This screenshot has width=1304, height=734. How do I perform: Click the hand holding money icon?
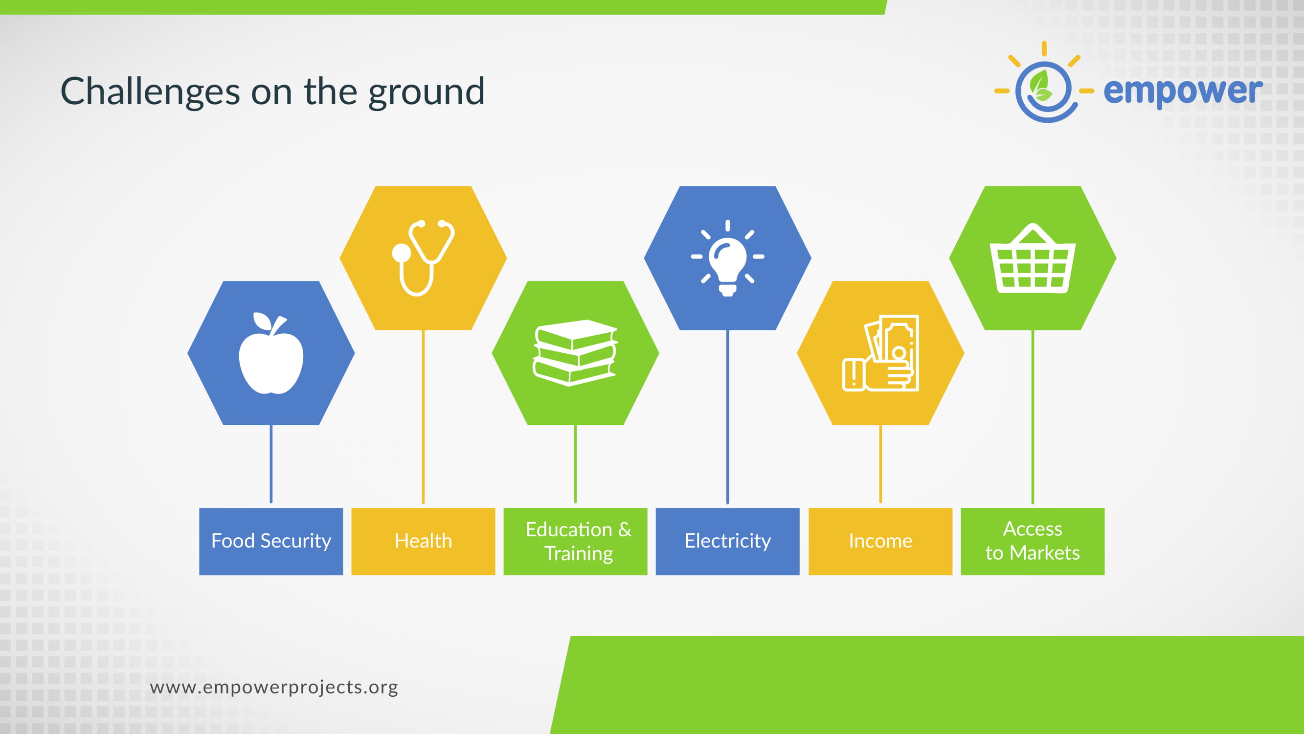click(880, 353)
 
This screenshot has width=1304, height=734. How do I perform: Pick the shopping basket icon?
click(1033, 258)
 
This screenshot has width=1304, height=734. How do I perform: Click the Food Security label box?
click(271, 541)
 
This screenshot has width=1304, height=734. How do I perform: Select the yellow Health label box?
click(423, 541)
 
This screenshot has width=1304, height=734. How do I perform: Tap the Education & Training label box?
click(575, 541)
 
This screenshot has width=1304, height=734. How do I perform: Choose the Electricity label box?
click(727, 541)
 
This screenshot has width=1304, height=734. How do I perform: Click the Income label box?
click(880, 541)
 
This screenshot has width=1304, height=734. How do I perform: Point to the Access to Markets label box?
click(1033, 541)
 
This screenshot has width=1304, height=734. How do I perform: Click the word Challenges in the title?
click(150, 92)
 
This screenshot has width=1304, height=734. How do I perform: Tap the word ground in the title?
click(426, 92)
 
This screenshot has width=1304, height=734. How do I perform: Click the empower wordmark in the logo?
click(1183, 91)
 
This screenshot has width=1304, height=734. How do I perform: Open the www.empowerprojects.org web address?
click(274, 688)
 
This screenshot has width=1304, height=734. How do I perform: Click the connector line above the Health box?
click(423, 416)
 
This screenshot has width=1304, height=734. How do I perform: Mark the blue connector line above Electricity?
click(727, 416)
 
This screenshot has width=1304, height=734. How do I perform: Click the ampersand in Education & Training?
click(625, 529)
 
